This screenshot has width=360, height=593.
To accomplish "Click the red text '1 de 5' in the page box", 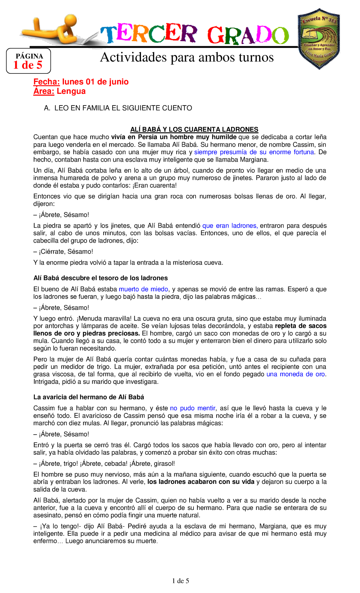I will (28, 65).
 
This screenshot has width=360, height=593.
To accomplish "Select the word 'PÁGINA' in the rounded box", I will (29, 56).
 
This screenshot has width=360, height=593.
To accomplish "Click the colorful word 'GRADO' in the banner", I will (248, 35).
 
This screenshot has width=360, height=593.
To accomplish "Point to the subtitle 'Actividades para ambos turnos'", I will (187, 57).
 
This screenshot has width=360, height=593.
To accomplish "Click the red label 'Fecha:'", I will (46, 82).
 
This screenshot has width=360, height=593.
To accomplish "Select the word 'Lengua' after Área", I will (71, 91).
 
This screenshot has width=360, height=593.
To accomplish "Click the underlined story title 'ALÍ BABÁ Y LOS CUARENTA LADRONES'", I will (194, 130).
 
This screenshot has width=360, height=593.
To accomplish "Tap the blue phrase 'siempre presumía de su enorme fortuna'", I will (254, 152).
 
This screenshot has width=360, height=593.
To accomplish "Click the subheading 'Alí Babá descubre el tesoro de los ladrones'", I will (100, 278).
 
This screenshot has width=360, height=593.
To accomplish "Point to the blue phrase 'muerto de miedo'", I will (143, 289).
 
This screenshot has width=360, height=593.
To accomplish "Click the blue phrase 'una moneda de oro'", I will (295, 374).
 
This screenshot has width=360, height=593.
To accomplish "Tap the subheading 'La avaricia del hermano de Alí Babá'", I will (88, 397).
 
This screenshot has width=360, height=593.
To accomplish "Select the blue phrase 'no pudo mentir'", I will (192, 408).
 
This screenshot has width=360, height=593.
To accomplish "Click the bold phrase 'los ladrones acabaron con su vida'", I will (201, 482).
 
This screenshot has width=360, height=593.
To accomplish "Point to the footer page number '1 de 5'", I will (180, 581).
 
